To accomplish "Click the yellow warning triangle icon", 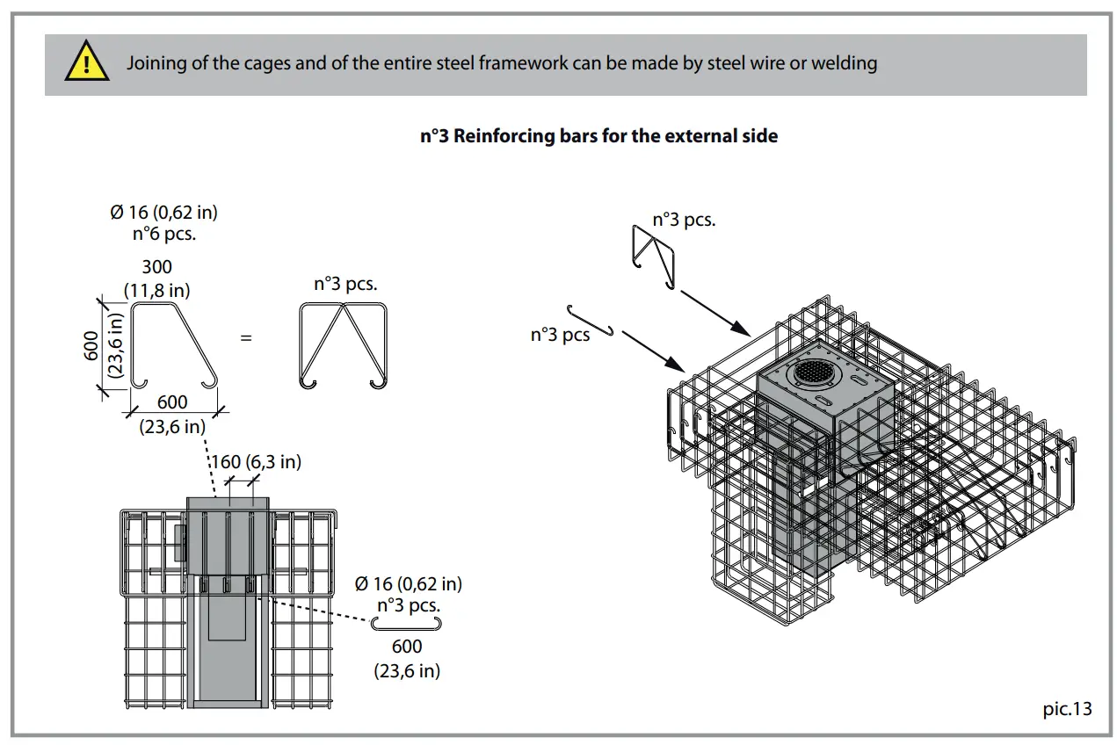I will pyautogui.click(x=87, y=63).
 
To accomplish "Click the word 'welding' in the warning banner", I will pyautogui.click(x=844, y=63).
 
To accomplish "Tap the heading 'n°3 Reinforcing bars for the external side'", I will pyautogui.click(x=598, y=136).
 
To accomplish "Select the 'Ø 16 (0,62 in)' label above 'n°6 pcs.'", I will pyautogui.click(x=164, y=212).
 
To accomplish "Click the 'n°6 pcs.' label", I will pyautogui.click(x=164, y=234).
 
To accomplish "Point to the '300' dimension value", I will pyautogui.click(x=156, y=267).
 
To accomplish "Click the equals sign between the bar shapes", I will pyautogui.click(x=246, y=337).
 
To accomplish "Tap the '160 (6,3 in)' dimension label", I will pyautogui.click(x=256, y=462).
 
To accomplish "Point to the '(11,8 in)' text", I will pyautogui.click(x=156, y=290).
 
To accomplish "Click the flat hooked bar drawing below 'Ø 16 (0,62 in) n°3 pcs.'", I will pyautogui.click(x=406, y=623).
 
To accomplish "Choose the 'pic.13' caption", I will pyautogui.click(x=1066, y=708).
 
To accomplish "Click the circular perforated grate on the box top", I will pyautogui.click(x=812, y=373).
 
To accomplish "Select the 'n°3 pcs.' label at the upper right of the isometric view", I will pyautogui.click(x=683, y=220).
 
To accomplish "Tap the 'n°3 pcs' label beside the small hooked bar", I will pyautogui.click(x=560, y=335).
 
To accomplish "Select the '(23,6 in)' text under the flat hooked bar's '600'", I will pyautogui.click(x=406, y=670).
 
